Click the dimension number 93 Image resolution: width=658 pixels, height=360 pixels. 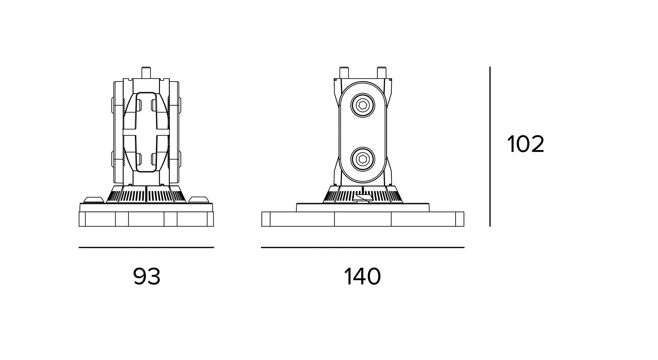pyautogui.click(x=146, y=277)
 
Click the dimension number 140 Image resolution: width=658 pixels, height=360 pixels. pyautogui.click(x=362, y=277)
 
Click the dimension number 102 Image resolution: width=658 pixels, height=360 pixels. pyautogui.click(x=526, y=144)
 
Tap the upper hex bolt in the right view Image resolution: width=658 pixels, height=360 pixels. pyautogui.click(x=363, y=105)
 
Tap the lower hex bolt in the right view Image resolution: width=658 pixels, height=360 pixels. pyautogui.click(x=363, y=159)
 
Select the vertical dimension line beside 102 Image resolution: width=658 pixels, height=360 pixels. pyautogui.click(x=490, y=147)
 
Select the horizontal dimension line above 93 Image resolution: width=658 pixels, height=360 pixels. pyautogui.click(x=146, y=247)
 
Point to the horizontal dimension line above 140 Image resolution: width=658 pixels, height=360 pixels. pyautogui.click(x=363, y=247)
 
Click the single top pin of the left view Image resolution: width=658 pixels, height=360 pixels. pyautogui.click(x=146, y=72)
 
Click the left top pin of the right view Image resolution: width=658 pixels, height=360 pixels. pyautogui.click(x=344, y=72)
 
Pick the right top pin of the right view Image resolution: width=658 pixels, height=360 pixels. pyautogui.click(x=381, y=72)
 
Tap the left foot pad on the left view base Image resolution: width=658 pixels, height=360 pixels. pyautogui.click(x=94, y=200)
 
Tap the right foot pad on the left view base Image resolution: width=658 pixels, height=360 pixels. pyautogui.click(x=199, y=200)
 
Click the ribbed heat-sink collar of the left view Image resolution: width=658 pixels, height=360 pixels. pyautogui.click(x=146, y=195)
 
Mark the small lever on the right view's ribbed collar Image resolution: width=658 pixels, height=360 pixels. pyautogui.click(x=363, y=199)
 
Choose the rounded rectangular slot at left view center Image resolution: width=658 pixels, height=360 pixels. pyautogui.click(x=146, y=132)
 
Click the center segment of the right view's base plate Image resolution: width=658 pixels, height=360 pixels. pyautogui.click(x=363, y=219)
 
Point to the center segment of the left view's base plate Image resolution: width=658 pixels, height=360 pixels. pyautogui.click(x=146, y=219)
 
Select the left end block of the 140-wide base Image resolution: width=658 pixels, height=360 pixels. pyautogui.click(x=266, y=219)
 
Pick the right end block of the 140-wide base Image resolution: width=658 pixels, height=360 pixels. pyautogui.click(x=460, y=219)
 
